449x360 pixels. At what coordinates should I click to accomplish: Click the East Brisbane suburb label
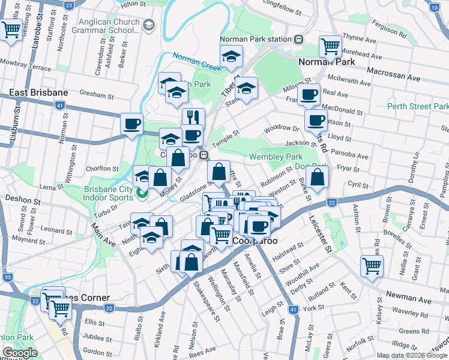[x=38, y=93]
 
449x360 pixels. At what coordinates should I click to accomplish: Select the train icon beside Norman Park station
[x=298, y=39]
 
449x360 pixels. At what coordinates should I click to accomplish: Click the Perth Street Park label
[x=417, y=106]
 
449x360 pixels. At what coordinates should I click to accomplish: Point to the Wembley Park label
[x=276, y=157]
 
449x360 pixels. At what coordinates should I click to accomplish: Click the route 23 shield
[x=69, y=5]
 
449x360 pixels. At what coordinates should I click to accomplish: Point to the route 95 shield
[x=7, y=277]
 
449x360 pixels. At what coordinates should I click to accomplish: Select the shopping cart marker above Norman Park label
[x=330, y=45]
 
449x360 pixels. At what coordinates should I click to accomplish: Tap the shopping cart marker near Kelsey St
[x=372, y=265]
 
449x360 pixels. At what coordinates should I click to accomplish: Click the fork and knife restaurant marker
[x=193, y=117]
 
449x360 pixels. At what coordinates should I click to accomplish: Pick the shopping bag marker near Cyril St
[x=318, y=177]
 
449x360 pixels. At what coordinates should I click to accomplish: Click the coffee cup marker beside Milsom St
[x=309, y=94]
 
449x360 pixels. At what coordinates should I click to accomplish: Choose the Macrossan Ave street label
[x=393, y=77]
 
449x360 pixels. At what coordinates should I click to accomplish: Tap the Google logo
[x=19, y=353]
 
